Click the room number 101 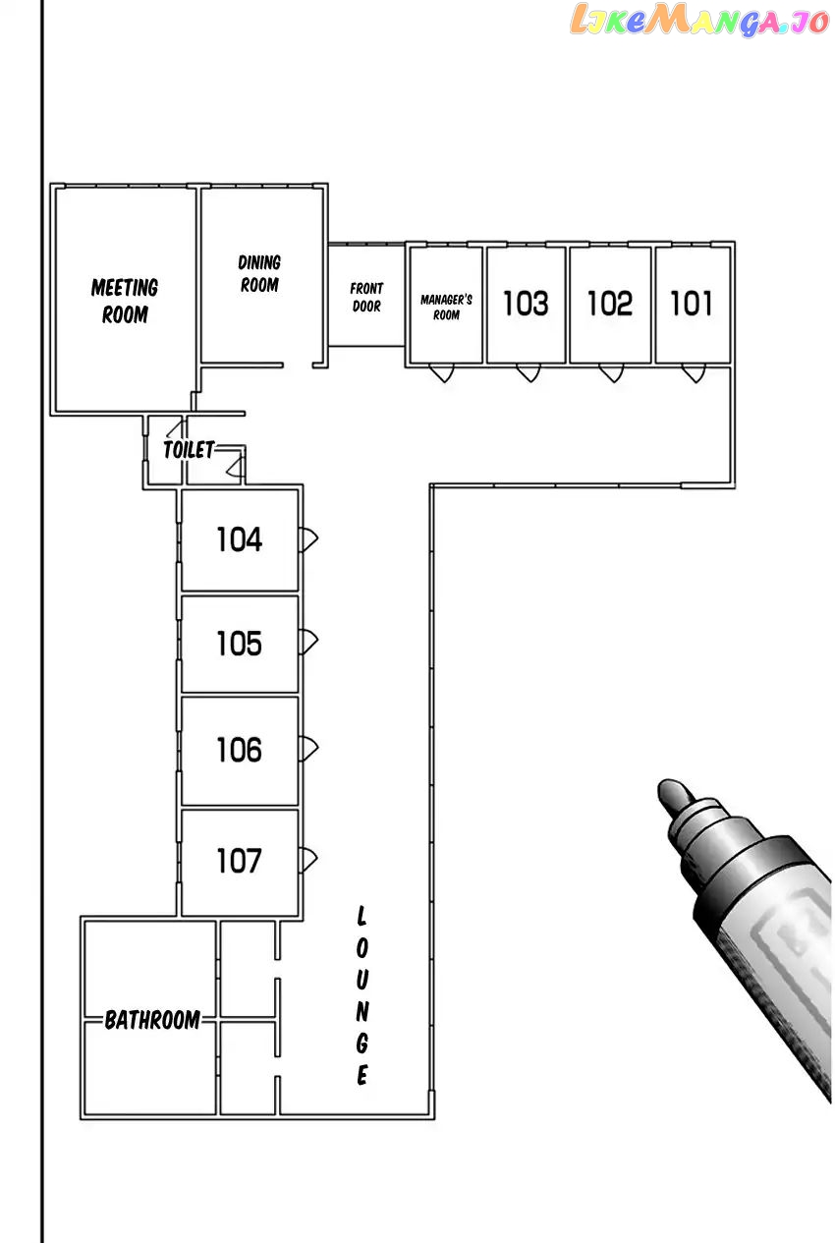(x=691, y=304)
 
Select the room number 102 (x=609, y=304)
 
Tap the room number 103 (x=526, y=304)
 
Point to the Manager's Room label (x=446, y=307)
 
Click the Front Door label (x=366, y=297)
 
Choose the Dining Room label (x=259, y=273)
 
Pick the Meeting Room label (x=125, y=301)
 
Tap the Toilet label (x=189, y=449)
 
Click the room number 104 (x=239, y=539)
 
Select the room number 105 (x=239, y=644)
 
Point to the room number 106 (x=239, y=751)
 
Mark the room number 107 (x=239, y=861)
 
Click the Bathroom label (x=152, y=1020)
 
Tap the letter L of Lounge (x=362, y=916)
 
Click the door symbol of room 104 (x=308, y=538)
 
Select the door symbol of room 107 (x=308, y=860)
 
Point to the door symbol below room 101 (x=694, y=373)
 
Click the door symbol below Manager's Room (x=442, y=373)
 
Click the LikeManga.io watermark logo (x=699, y=20)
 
